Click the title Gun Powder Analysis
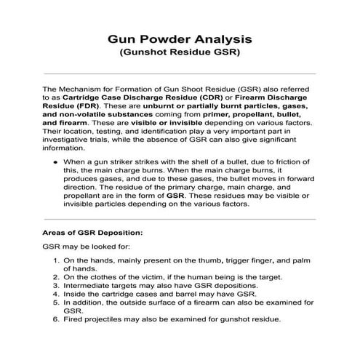[180, 36]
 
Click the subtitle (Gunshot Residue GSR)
[180, 52]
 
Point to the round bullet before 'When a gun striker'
[55, 159]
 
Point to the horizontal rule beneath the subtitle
[180, 74]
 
